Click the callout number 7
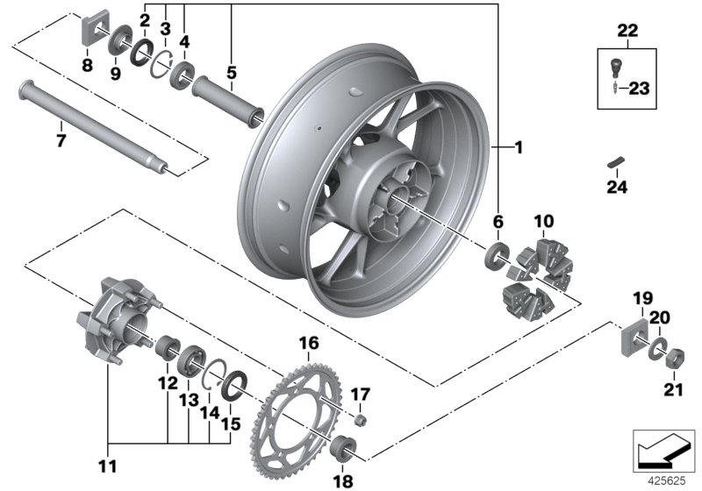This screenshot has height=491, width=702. click(61, 139)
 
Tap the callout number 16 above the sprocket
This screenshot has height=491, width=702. click(310, 343)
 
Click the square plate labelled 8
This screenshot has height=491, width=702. click(88, 33)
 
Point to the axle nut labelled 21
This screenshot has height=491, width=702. click(677, 359)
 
